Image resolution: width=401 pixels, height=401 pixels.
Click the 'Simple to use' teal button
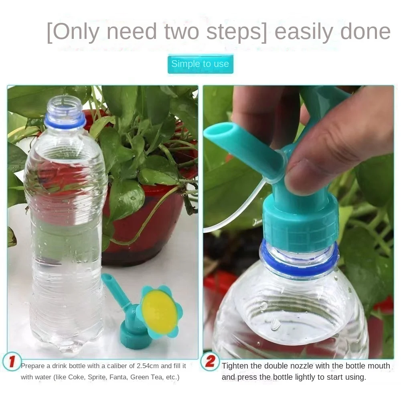200,64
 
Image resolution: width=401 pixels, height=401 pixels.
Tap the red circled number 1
12,362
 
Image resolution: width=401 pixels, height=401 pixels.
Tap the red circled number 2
210,362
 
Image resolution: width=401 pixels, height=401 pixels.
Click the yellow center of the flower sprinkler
159,311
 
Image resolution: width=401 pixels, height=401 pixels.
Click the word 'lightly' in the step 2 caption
308,377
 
